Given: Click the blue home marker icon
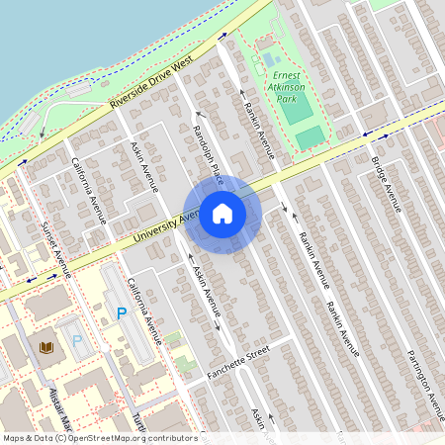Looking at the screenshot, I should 222,214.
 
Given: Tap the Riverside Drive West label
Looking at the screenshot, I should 151,90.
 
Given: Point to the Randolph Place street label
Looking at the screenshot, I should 208,149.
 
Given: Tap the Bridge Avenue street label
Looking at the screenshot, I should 386,184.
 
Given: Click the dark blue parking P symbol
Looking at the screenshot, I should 123,313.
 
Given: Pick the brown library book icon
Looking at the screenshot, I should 45,347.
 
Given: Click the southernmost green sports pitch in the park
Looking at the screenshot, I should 310,137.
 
